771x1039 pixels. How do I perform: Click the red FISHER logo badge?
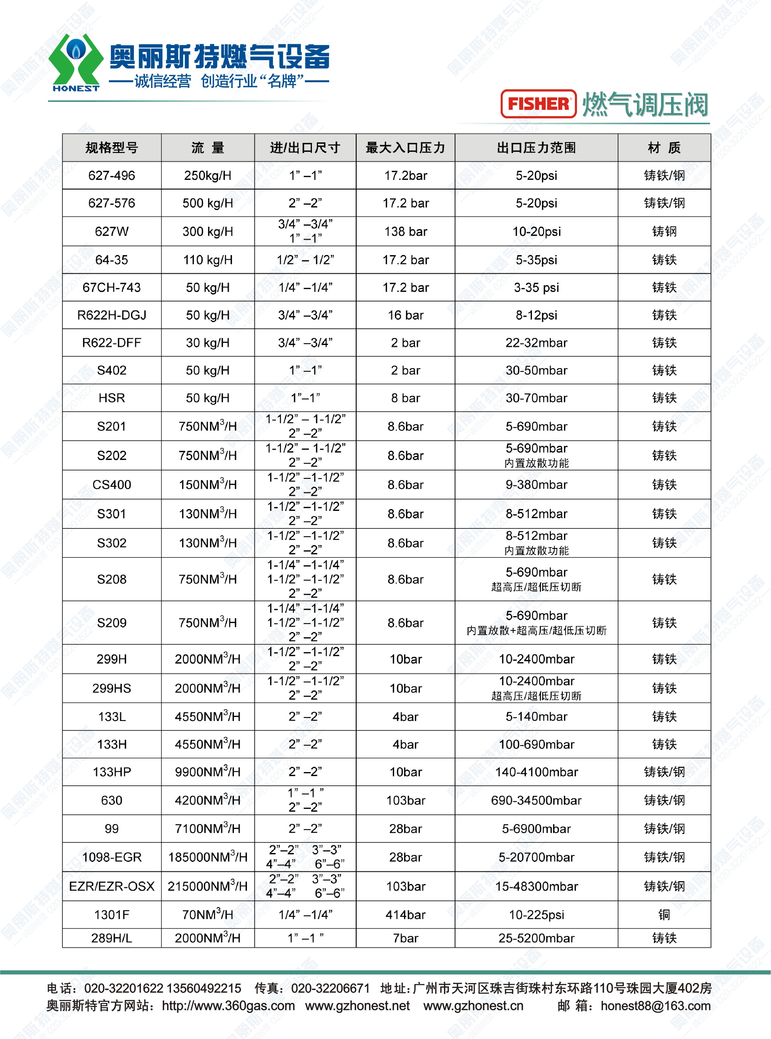coord(538,104)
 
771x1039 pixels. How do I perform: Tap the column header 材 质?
coord(664,148)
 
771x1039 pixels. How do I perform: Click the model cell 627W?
coord(112,232)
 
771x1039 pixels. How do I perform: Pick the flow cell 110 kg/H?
coord(208,260)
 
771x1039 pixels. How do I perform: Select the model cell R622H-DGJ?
coord(112,315)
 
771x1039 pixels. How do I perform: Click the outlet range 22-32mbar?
coord(536,343)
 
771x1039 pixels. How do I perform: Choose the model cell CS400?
coord(112,485)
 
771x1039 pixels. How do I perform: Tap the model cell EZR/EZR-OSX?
coord(112,886)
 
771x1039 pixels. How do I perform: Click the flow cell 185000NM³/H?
coord(208,857)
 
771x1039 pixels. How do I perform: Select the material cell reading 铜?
coord(664,914)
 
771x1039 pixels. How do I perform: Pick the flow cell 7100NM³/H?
coord(208,829)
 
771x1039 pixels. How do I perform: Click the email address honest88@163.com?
coord(655,1005)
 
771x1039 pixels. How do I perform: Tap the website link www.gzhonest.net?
coord(358,1005)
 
